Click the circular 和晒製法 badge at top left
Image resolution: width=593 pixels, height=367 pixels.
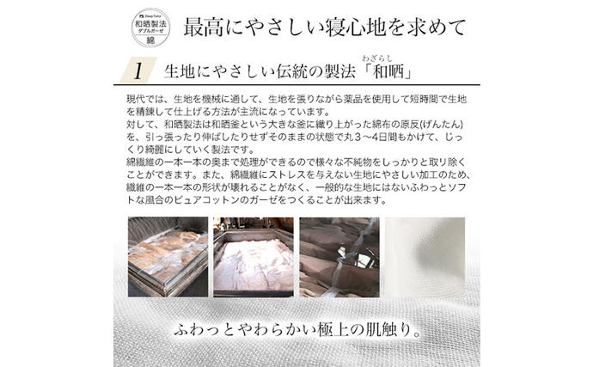coord(151,27)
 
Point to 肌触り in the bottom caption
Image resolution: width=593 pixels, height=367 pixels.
coord(387,330)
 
